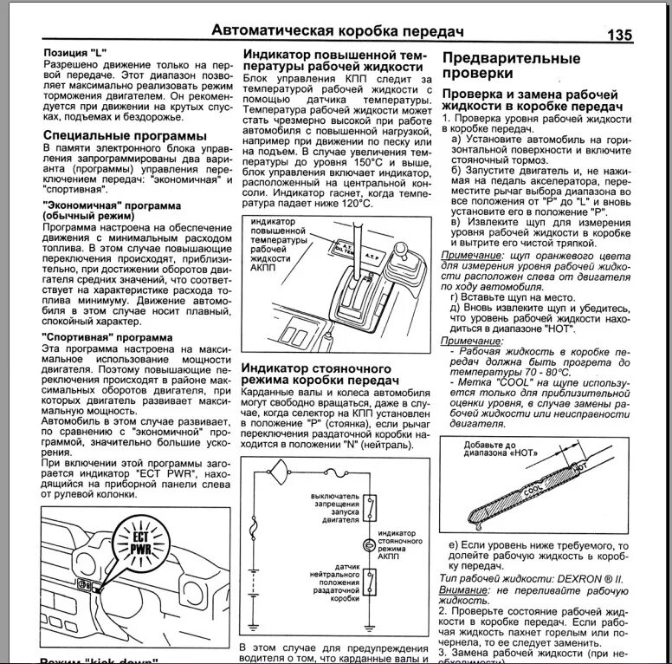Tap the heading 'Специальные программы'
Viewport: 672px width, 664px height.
(x=125, y=136)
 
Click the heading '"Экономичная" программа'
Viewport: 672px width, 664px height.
(x=111, y=205)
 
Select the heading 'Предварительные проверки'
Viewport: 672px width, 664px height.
(x=511, y=67)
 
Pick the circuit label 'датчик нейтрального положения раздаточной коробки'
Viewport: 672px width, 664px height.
(x=333, y=582)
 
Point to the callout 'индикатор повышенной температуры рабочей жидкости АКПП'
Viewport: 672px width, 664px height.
(x=279, y=245)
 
